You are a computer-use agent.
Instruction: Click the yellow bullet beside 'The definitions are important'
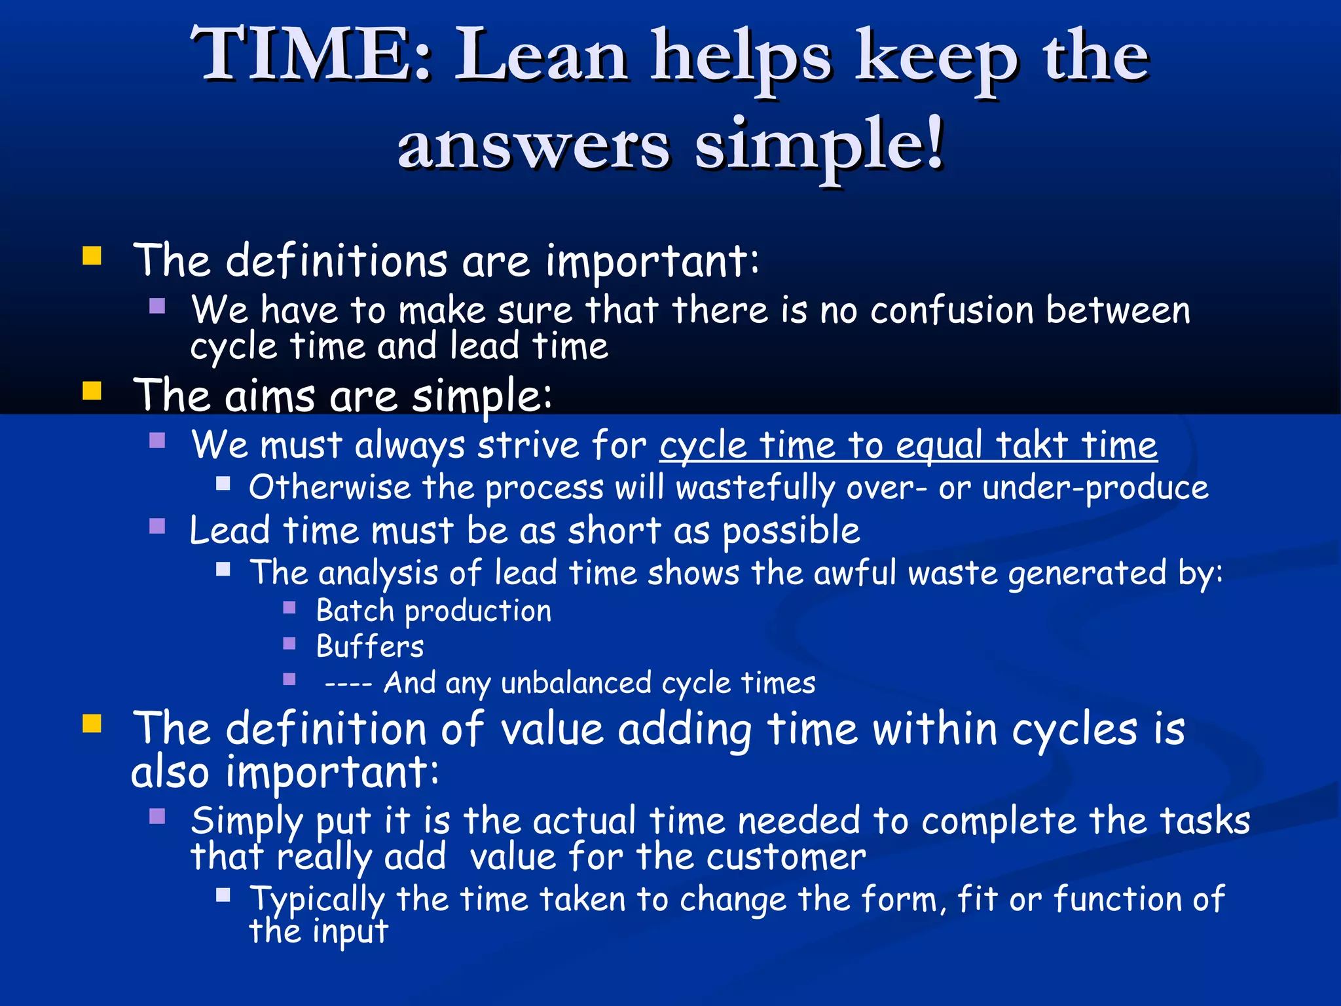coord(92,255)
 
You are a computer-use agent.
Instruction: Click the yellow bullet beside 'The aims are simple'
coord(92,391)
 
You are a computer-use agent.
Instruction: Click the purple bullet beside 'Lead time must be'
coord(157,527)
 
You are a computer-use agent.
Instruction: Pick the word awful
coord(854,573)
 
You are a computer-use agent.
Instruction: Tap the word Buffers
coord(370,646)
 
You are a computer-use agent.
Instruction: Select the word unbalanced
coord(576,683)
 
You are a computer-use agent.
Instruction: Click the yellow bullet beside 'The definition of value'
coord(92,724)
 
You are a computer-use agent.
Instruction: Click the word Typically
coord(317,899)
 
